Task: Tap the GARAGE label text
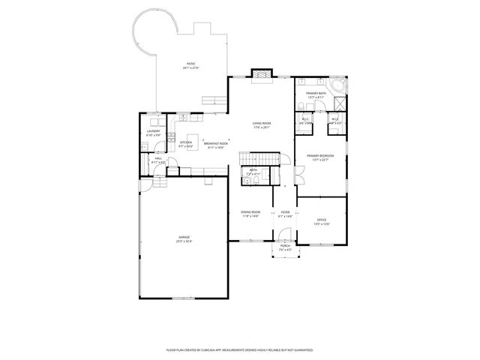(x=184, y=237)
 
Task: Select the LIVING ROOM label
(x=261, y=123)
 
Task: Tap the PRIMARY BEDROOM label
(x=320, y=155)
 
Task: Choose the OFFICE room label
(x=321, y=220)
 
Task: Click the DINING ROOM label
(x=250, y=212)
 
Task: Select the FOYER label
(x=285, y=212)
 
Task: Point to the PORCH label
(x=285, y=246)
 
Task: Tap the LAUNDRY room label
(x=153, y=131)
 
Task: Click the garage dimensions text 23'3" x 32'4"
(x=184, y=241)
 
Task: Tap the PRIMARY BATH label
(x=315, y=93)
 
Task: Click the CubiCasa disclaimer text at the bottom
(x=239, y=349)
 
